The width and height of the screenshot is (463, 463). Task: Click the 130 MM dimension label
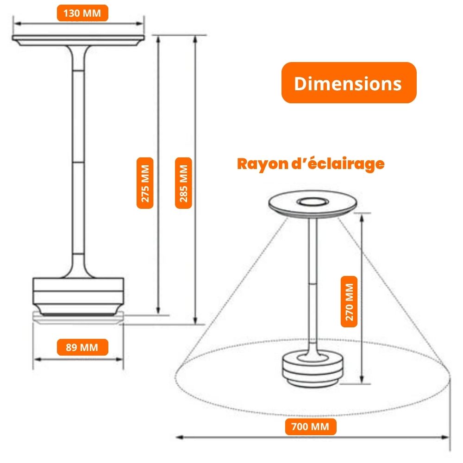tap(82, 13)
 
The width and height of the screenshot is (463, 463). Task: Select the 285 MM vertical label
tap(183, 183)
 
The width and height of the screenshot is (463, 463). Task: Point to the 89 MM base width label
tap(82, 347)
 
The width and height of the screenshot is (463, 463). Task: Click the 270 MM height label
tap(349, 302)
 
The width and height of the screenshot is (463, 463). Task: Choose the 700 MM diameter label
tap(310, 426)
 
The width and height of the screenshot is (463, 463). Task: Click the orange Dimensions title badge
tap(349, 83)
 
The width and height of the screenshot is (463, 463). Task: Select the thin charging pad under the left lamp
tap(78, 320)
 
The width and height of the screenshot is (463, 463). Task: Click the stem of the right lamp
tap(313, 278)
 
